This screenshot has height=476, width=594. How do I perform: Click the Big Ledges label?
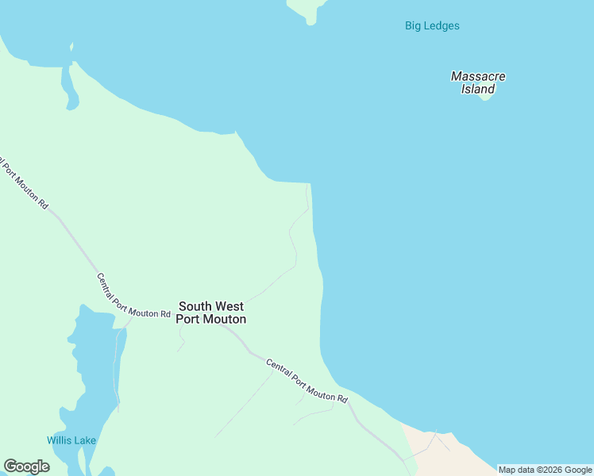[x=432, y=25]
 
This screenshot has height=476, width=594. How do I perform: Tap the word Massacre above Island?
[x=478, y=76]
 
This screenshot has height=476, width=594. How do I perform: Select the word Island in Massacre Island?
[x=478, y=89]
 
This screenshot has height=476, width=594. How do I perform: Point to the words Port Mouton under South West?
[x=210, y=319]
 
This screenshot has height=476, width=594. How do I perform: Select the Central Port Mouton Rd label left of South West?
[x=133, y=296]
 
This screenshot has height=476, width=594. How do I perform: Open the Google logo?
[x=26, y=466]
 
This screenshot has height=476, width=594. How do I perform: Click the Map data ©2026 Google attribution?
[x=545, y=470]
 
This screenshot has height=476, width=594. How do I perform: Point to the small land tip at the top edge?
[x=307, y=10]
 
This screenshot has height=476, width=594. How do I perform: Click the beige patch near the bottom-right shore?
[x=445, y=452]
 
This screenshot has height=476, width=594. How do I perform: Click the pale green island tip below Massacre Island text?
[x=486, y=97]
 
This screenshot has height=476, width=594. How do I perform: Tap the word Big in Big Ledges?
[x=414, y=25]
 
